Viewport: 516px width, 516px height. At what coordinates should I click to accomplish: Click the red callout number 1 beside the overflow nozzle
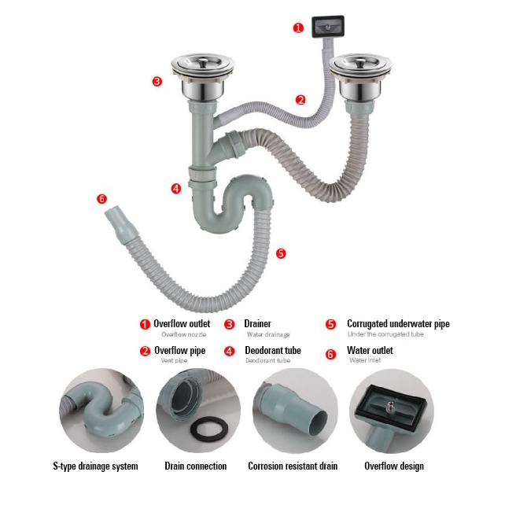(x=298, y=28)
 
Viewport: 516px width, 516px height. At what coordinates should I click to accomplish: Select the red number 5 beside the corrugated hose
(x=281, y=253)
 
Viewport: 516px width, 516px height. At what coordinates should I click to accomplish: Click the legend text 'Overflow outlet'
(x=182, y=323)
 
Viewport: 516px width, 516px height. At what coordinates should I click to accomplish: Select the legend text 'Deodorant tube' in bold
(x=272, y=351)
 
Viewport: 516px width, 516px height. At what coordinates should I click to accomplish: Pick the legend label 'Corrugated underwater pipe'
(x=398, y=323)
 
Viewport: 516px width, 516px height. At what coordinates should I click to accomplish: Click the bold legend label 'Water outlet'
(x=370, y=351)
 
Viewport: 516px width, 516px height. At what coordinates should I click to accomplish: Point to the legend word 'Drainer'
(x=257, y=323)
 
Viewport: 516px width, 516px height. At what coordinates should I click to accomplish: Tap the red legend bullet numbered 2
(x=145, y=352)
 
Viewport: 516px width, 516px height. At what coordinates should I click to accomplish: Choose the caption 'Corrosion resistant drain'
(x=293, y=466)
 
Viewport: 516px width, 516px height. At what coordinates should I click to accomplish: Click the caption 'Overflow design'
(x=393, y=466)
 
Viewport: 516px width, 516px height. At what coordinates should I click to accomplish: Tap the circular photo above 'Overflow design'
(x=393, y=411)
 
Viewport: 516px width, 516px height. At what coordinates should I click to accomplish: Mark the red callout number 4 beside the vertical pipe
(x=176, y=189)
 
